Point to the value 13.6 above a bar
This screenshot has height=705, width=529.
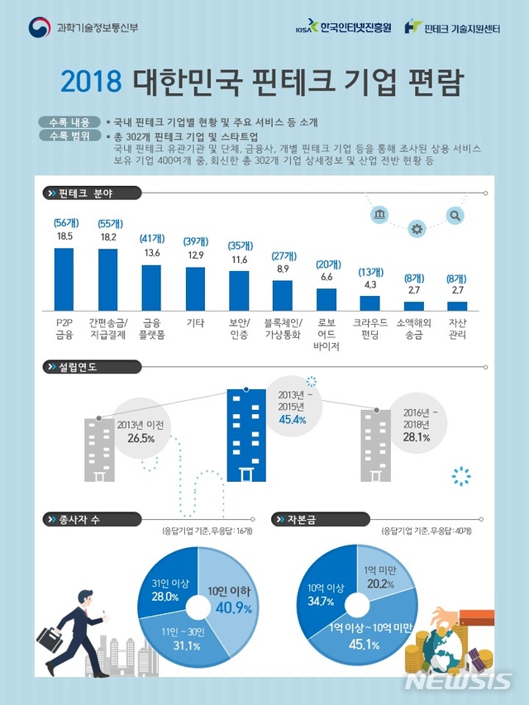tap(152, 253)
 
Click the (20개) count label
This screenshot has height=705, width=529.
tap(327, 264)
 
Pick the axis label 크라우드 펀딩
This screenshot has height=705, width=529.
tap(370, 328)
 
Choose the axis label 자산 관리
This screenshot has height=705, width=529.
tap(458, 328)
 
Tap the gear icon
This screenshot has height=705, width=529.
tap(417, 229)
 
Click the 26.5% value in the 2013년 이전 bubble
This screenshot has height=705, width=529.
tap(141, 439)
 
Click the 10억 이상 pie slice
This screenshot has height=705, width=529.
tap(326, 595)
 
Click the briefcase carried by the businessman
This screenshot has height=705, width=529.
tap(49, 641)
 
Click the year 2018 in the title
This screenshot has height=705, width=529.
tap(91, 83)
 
